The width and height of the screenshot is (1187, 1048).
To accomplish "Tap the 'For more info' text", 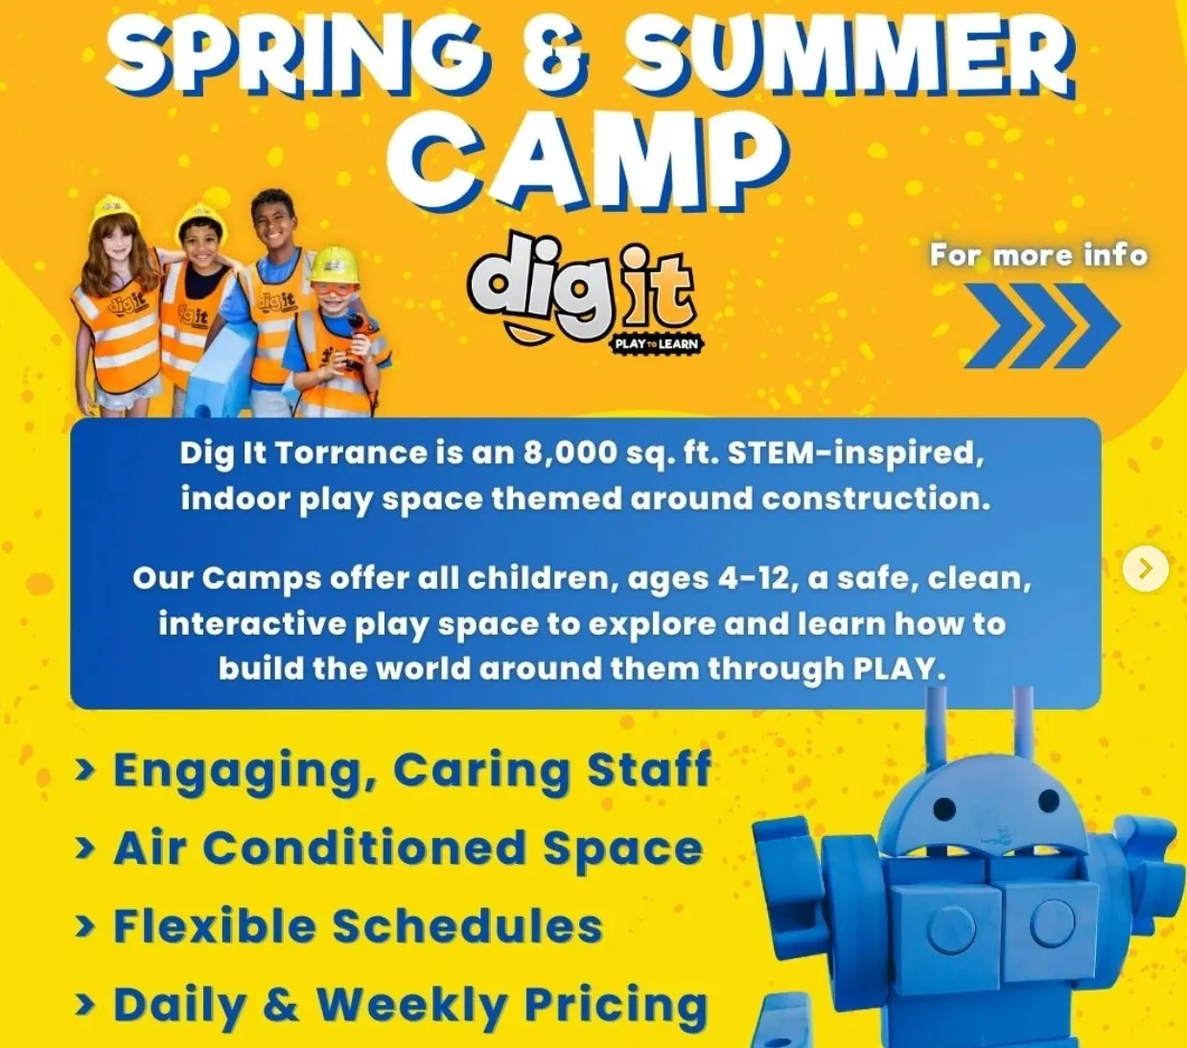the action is point(1038,256).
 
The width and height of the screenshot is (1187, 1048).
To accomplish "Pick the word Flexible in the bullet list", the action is point(215,925).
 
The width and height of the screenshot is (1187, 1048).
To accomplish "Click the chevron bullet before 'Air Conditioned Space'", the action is point(85,848).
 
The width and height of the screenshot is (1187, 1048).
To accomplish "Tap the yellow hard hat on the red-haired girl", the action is point(115,210).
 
